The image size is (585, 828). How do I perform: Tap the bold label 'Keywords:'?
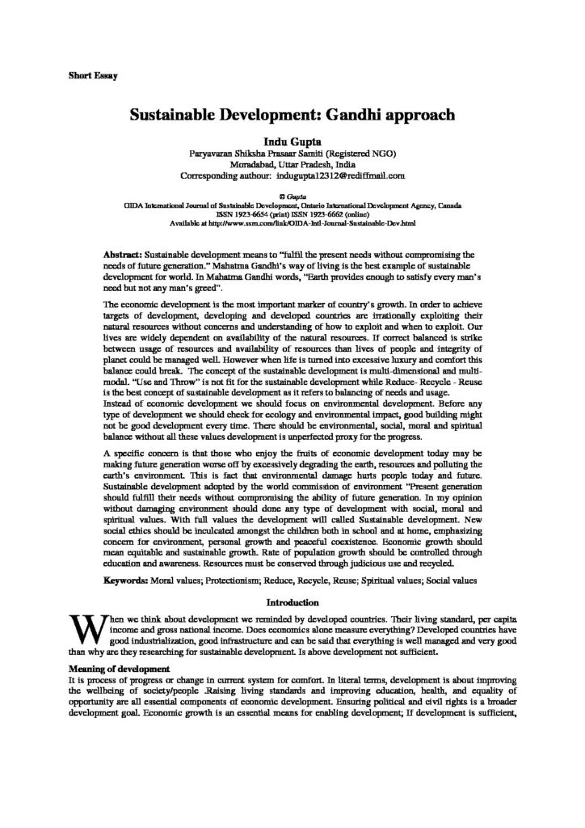[130, 558]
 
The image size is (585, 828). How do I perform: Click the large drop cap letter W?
[85, 606]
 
